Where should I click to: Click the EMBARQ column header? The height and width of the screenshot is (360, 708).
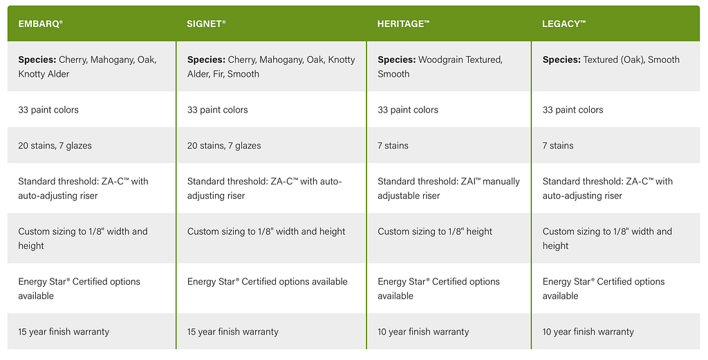[x=40, y=24]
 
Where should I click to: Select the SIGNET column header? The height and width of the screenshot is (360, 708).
[x=206, y=24]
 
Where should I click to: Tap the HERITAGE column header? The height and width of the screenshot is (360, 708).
[x=403, y=24]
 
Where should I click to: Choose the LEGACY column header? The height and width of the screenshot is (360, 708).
[x=563, y=24]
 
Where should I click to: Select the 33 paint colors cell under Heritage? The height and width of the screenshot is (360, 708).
[x=408, y=110]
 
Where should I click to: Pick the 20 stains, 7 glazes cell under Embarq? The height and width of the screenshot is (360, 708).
[x=55, y=145]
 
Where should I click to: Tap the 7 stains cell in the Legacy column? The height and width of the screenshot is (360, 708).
[x=558, y=145]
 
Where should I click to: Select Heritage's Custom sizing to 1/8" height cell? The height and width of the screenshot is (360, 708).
[x=435, y=231]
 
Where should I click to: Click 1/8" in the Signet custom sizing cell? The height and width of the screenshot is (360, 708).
[x=265, y=231]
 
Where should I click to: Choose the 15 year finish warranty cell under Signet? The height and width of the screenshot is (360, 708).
[x=232, y=332]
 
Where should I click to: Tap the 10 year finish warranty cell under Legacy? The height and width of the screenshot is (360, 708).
[x=588, y=332]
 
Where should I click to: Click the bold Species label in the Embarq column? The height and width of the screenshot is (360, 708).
[x=37, y=59]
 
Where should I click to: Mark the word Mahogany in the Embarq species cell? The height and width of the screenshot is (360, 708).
[x=112, y=59]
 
